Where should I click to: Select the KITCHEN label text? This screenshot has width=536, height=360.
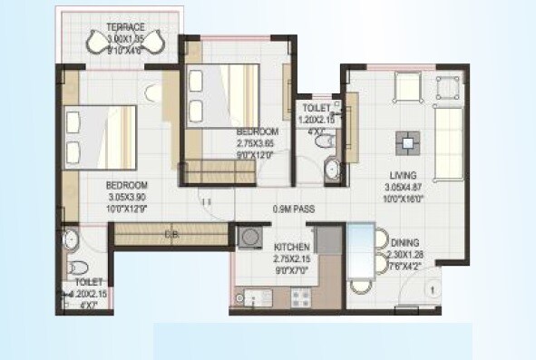click(x=292, y=247)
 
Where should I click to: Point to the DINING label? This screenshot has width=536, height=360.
click(x=404, y=242)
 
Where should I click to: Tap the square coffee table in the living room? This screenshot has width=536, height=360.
click(x=407, y=142)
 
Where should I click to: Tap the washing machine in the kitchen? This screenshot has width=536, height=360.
click(x=249, y=236)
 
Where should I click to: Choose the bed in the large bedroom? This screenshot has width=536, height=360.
click(x=100, y=137)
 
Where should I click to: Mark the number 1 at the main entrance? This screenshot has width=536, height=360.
click(x=434, y=290)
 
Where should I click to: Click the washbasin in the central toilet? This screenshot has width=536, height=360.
click(x=331, y=168)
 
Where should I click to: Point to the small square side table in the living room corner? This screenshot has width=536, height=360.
click(x=446, y=87)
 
